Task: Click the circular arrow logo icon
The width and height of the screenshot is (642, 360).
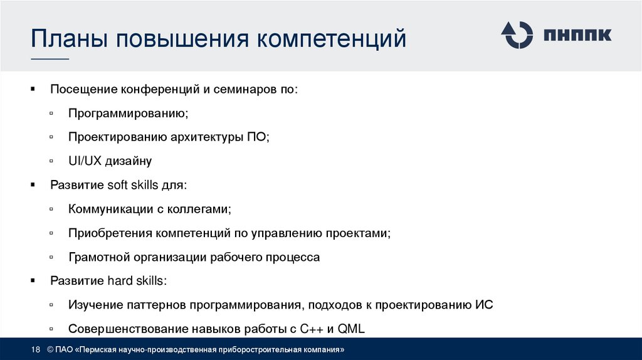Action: [517, 34]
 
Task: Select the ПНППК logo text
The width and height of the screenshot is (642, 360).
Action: [577, 35]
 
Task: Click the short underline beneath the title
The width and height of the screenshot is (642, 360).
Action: [50, 59]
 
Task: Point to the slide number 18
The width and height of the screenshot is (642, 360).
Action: [35, 349]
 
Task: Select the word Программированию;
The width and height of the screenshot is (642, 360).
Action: [128, 113]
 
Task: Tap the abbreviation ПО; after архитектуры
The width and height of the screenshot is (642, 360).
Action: [258, 137]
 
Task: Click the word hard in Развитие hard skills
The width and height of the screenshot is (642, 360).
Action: [111, 281]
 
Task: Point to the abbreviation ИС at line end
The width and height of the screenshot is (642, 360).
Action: [485, 305]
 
